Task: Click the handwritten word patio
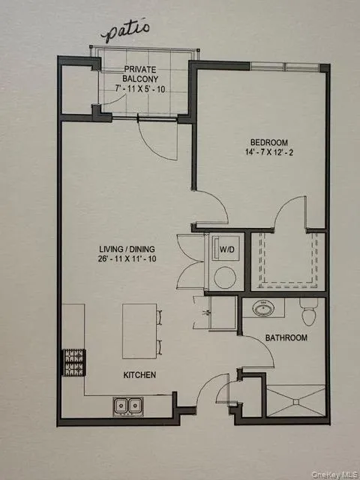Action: click(x=127, y=32)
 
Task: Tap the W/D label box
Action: click(x=225, y=247)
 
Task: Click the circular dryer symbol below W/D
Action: click(x=224, y=277)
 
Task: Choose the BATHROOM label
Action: click(x=285, y=338)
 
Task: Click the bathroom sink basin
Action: click(x=263, y=308)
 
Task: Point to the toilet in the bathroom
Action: click(x=307, y=308)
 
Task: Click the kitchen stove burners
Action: click(x=73, y=364)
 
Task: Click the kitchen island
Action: click(x=140, y=331)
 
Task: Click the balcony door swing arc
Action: click(x=155, y=142)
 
